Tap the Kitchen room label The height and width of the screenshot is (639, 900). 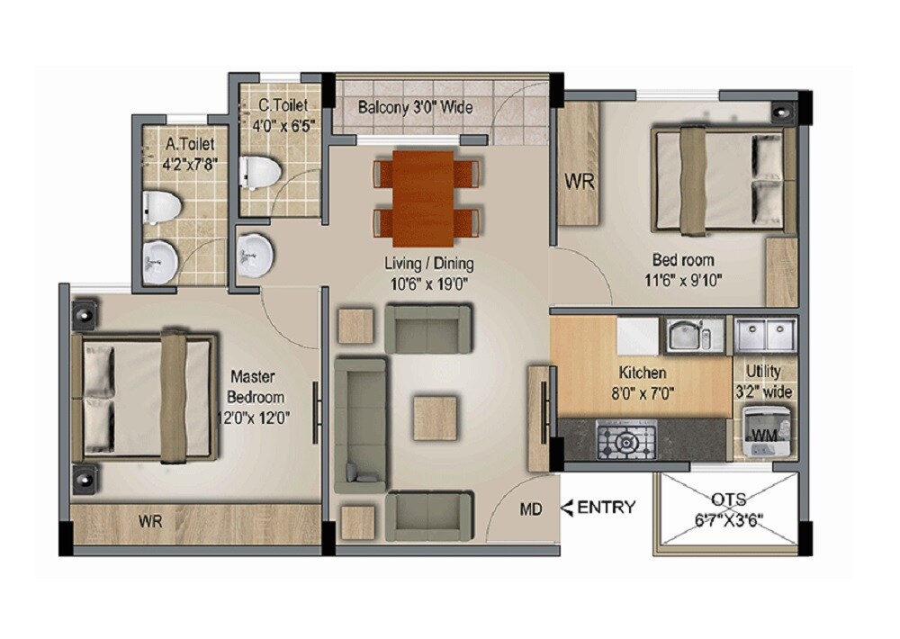(x=642, y=373)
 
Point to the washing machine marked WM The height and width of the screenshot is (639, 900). (x=762, y=429)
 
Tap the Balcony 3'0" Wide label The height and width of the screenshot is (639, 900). (x=415, y=107)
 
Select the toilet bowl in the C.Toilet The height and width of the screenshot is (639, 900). (x=258, y=172)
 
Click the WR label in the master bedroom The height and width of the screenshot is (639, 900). (x=150, y=522)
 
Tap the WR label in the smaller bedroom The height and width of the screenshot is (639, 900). (x=580, y=181)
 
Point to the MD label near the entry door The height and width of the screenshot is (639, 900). (x=531, y=510)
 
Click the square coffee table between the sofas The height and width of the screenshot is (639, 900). (x=436, y=418)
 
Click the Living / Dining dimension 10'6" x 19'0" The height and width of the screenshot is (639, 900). (x=429, y=283)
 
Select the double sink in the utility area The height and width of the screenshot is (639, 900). (x=764, y=336)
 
